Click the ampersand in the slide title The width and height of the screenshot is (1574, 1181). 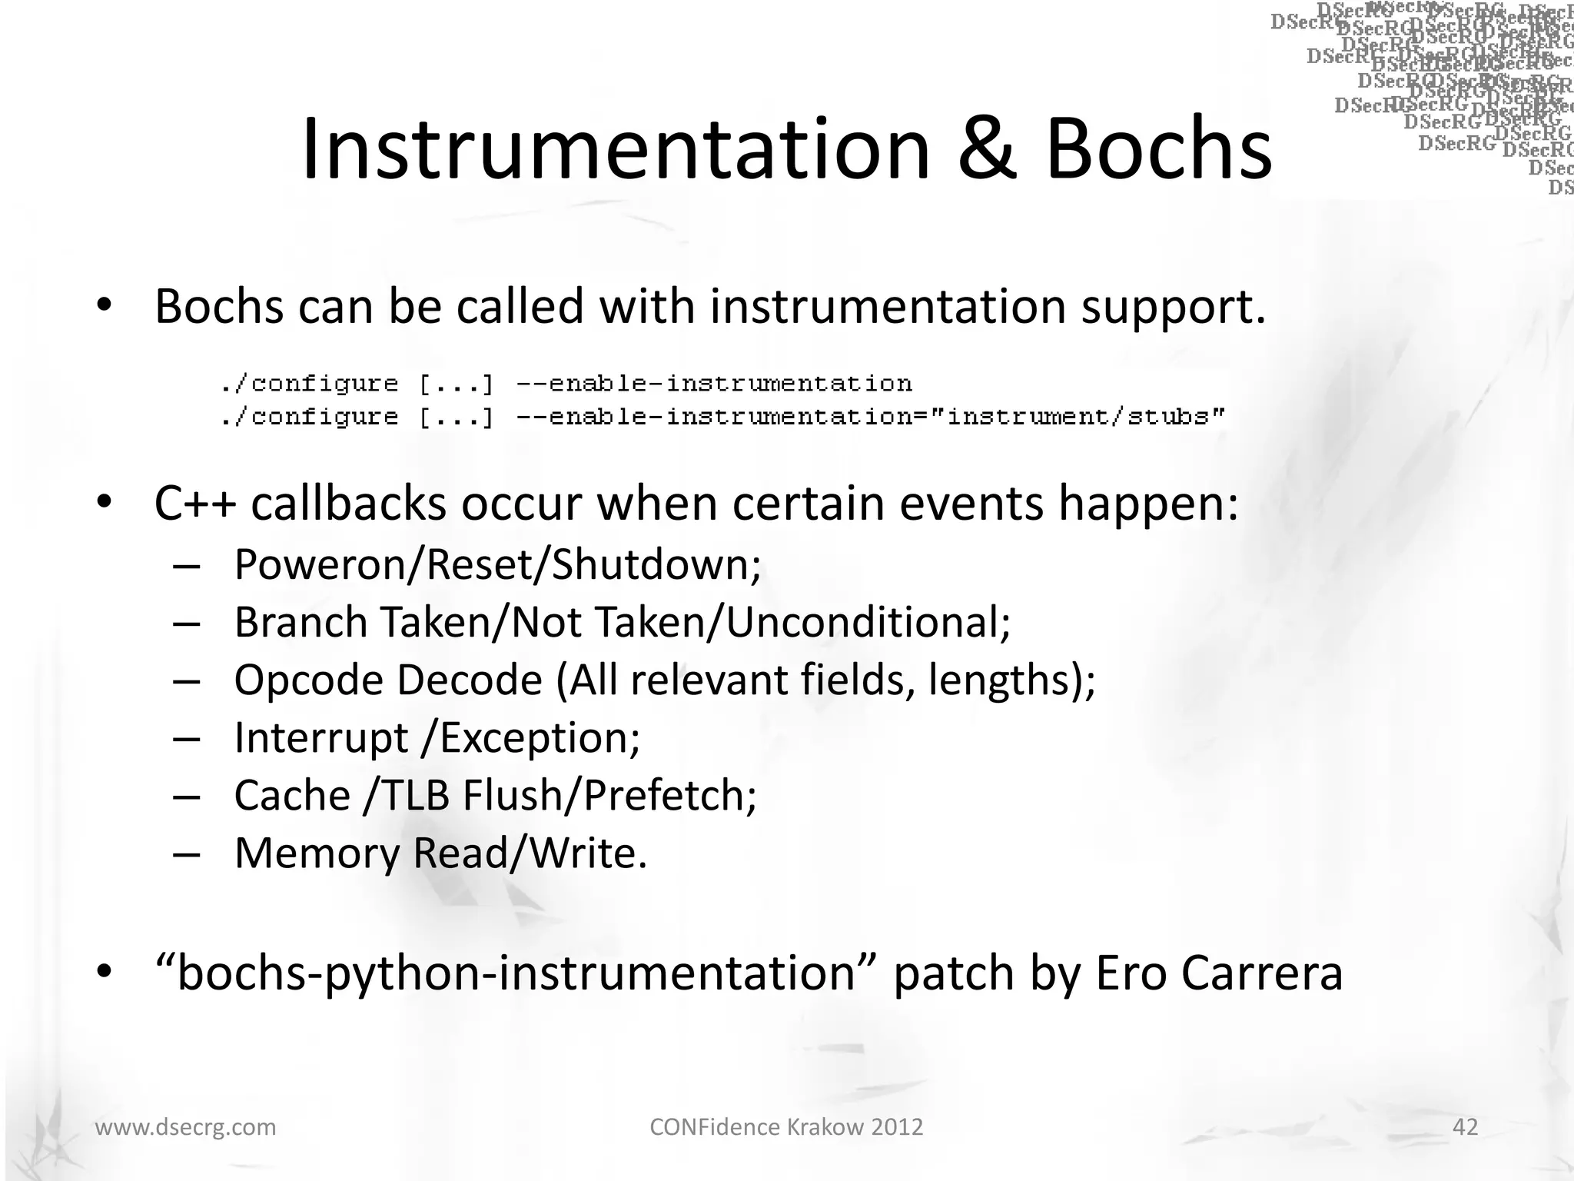click(988, 149)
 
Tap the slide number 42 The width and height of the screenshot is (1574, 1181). click(1466, 1126)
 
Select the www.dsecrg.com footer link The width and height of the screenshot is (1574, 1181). click(185, 1127)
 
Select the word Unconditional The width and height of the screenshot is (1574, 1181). click(868, 622)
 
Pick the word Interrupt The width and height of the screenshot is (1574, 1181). click(321, 737)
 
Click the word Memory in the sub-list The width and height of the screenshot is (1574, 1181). click(317, 853)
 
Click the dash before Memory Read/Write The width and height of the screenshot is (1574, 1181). click(187, 854)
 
